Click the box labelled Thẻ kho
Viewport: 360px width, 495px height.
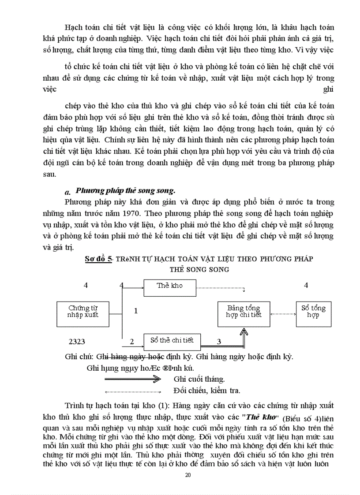[x=169, y=286]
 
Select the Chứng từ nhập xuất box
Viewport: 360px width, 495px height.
[x=83, y=311]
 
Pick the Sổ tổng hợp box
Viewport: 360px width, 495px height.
[x=313, y=311]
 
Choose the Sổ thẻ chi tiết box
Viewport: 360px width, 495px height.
[x=172, y=340]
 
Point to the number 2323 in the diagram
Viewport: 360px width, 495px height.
[x=77, y=342]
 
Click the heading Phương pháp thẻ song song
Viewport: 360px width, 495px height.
[x=126, y=191]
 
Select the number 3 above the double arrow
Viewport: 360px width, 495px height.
[x=218, y=341]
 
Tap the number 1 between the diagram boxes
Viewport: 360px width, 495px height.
[x=136, y=311]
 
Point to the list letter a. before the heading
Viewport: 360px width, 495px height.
[x=67, y=192]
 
